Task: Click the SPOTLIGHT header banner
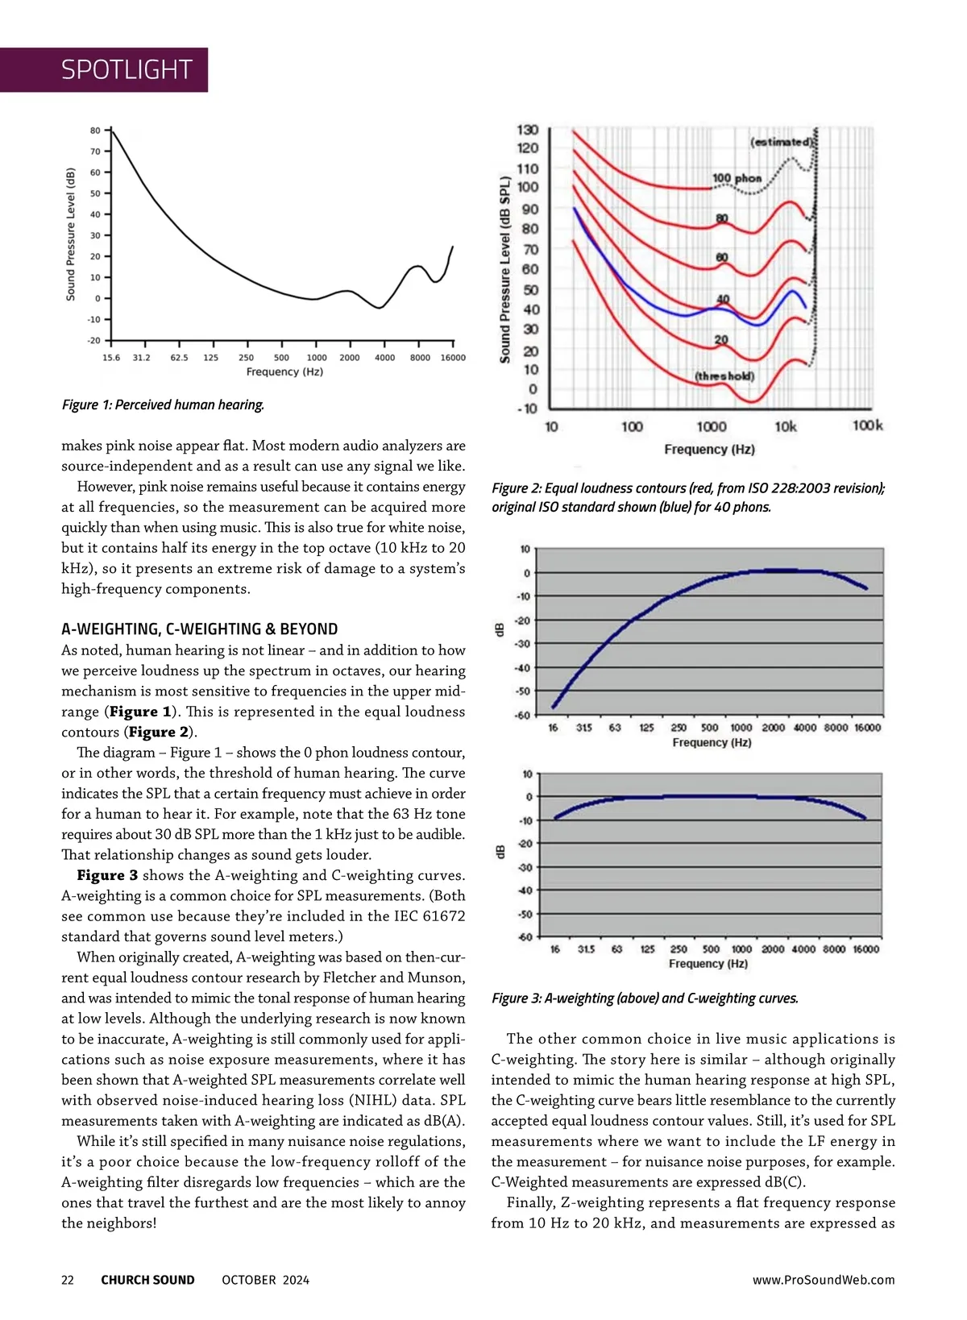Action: tap(127, 70)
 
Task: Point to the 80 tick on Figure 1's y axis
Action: tap(95, 131)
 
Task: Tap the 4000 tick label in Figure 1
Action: tap(384, 358)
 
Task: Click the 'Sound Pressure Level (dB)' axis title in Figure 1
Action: tap(71, 235)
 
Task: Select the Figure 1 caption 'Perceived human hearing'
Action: tap(163, 405)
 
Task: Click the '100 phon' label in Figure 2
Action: tap(737, 178)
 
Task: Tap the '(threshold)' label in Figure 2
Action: tap(724, 376)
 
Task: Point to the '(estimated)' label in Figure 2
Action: tap(781, 142)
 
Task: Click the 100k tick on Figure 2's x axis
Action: tap(867, 425)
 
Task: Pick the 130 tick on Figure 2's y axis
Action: tap(528, 131)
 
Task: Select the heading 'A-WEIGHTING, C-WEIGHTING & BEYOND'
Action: tap(200, 629)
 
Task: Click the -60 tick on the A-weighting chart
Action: tap(522, 715)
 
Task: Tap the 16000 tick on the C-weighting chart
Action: tap(865, 949)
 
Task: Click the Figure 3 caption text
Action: tap(645, 998)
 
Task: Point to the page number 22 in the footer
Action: tap(68, 1280)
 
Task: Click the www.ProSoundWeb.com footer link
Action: tap(823, 1280)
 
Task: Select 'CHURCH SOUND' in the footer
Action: tap(147, 1280)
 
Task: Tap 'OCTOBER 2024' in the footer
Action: tap(265, 1280)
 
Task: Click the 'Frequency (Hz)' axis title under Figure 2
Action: tap(709, 450)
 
